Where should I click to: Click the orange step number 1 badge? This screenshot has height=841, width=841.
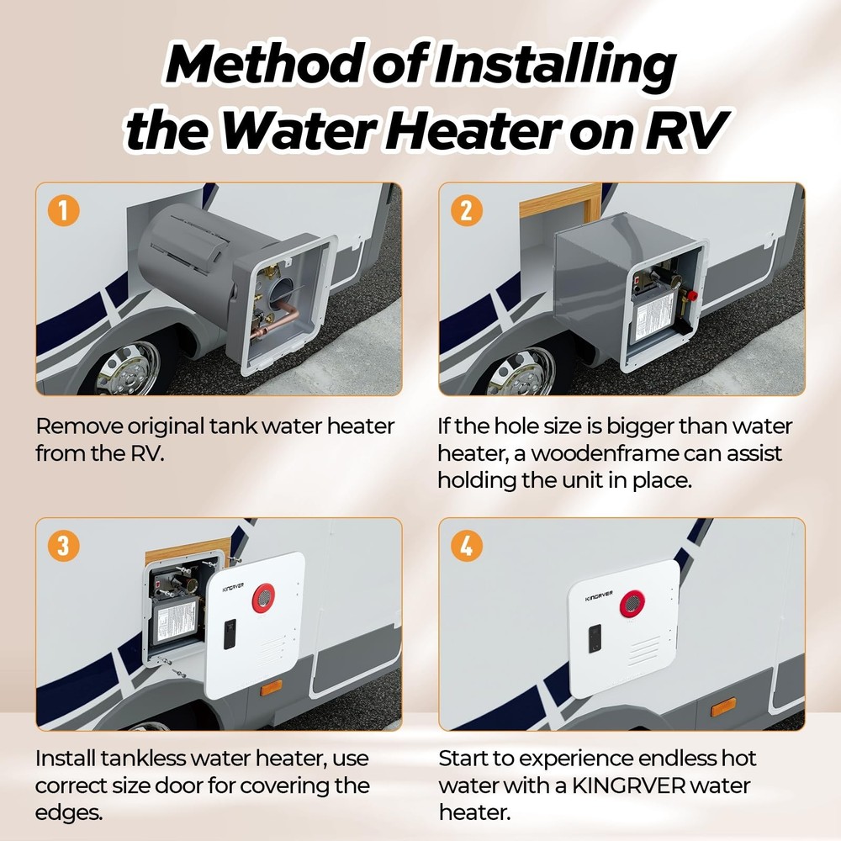point(63,210)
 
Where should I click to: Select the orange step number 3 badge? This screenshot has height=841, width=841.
point(63,546)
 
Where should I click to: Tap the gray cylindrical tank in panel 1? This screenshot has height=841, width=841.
point(181,244)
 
